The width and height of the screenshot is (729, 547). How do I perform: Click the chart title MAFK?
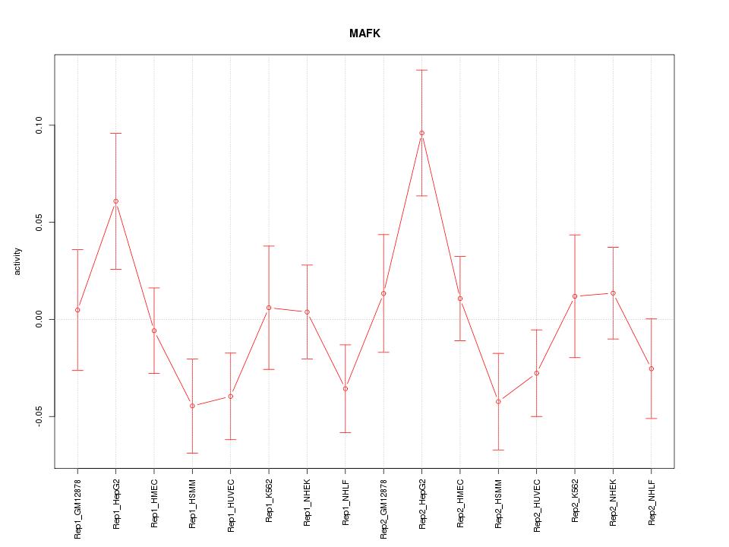[364, 33]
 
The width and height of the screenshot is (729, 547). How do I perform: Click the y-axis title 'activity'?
[18, 261]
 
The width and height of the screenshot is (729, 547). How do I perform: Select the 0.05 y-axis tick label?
[40, 222]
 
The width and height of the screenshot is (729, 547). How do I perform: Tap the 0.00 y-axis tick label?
[40, 319]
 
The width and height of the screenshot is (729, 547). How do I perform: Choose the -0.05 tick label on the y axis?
[40, 416]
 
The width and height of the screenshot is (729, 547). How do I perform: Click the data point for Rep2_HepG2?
[421, 133]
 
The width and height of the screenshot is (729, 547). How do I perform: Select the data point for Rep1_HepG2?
[115, 201]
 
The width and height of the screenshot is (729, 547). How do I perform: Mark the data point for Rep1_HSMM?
[192, 406]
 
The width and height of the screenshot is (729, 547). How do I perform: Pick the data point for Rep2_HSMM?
[498, 401]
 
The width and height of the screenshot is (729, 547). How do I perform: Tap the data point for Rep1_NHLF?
[345, 388]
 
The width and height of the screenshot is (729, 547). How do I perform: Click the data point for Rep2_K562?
[575, 296]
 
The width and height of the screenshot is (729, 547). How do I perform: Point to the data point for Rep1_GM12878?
[77, 310]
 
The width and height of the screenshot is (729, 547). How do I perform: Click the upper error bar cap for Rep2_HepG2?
[421, 70]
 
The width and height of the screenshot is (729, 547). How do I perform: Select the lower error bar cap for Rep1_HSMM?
[192, 453]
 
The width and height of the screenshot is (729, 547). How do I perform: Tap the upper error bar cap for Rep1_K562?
[269, 246]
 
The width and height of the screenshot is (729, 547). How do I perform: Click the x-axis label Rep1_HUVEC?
[231, 503]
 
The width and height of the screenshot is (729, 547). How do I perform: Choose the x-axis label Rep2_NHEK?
[613, 502]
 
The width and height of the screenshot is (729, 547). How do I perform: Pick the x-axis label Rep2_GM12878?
[383, 507]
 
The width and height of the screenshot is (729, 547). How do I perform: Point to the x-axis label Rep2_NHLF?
[652, 502]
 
